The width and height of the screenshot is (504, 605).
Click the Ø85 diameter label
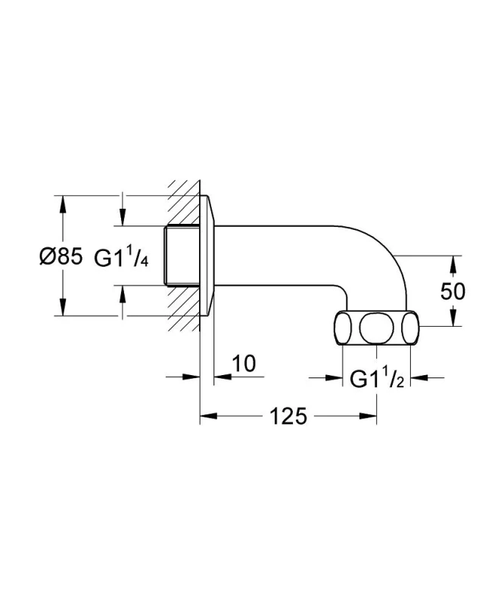pyautogui.click(x=61, y=256)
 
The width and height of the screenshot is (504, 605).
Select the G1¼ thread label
pyautogui.click(x=121, y=257)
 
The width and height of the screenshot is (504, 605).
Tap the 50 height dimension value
pyautogui.click(x=453, y=291)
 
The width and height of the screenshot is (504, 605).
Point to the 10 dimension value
pyautogui.click(x=244, y=363)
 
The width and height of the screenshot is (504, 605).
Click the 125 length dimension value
pyautogui.click(x=288, y=416)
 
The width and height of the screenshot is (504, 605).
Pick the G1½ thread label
pyautogui.click(x=377, y=379)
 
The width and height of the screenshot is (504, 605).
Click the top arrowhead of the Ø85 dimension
pyautogui.click(x=62, y=203)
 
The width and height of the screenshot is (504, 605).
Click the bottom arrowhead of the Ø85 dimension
pyautogui.click(x=62, y=308)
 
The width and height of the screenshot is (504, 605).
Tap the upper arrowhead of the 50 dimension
pyautogui.click(x=453, y=264)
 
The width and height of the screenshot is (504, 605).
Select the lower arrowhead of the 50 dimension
pyautogui.click(x=453, y=317)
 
